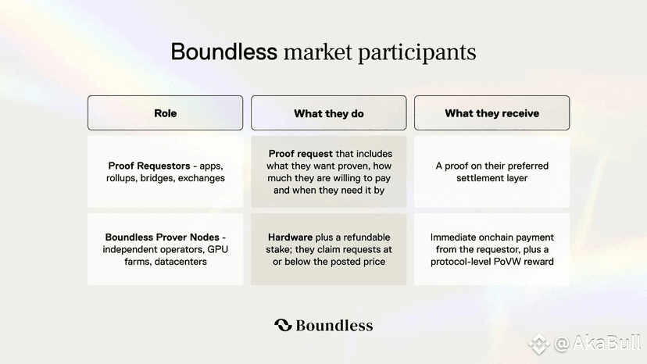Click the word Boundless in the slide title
(224, 52)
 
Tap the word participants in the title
(416, 53)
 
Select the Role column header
(165, 113)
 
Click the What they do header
(328, 113)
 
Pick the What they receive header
(492, 113)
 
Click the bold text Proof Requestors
(149, 166)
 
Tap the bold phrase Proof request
(300, 154)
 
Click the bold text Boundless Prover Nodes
(163, 237)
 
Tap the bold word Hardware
(290, 237)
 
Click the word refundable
(366, 237)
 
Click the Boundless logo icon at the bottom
(283, 325)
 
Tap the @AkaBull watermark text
(598, 343)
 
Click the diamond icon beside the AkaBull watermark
(539, 344)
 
